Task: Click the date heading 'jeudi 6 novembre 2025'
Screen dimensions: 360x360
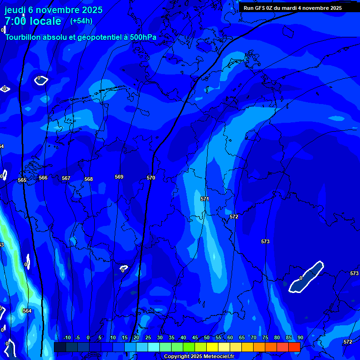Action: pos(53,10)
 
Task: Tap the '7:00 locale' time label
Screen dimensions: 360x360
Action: pos(33,21)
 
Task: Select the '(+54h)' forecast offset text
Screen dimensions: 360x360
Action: pos(81,21)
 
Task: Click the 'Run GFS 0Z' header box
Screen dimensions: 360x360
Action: pos(292,8)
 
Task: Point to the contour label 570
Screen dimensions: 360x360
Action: pos(150,178)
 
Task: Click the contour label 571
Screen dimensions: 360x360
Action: pos(205,199)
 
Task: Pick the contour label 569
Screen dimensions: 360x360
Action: pos(119,177)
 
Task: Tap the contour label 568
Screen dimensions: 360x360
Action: pos(89,179)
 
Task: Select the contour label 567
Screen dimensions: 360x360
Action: pos(66,178)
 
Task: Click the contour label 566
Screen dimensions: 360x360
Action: pos(43,178)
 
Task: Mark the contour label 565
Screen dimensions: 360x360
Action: pos(22,180)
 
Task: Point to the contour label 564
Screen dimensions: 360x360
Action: pos(27,311)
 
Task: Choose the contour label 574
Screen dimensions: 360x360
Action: pos(2,146)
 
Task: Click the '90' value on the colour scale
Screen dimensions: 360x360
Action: pos(300,337)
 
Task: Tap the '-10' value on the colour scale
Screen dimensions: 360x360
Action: pos(67,337)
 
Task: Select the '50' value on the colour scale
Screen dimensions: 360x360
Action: pos(207,337)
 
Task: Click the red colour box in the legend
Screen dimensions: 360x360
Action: pos(294,347)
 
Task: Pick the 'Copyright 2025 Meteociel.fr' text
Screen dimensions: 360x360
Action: pos(199,356)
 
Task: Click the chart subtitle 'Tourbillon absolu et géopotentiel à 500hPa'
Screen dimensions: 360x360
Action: pos(81,37)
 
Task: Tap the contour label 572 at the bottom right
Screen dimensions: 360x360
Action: pos(347,342)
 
